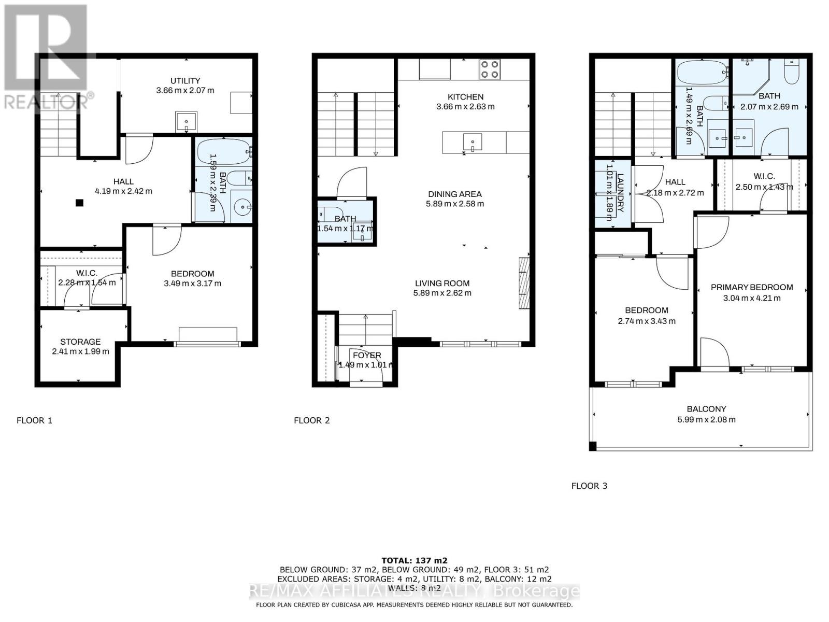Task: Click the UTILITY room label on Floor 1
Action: click(x=185, y=81)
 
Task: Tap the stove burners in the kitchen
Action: click(x=490, y=69)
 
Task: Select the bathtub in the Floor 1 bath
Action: click(x=223, y=152)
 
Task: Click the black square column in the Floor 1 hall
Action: click(x=79, y=203)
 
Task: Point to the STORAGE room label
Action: click(x=80, y=342)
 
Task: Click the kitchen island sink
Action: click(x=473, y=142)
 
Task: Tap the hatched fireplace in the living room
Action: click(x=524, y=282)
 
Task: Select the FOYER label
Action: click(x=367, y=355)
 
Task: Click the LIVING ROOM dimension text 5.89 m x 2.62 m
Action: click(x=442, y=293)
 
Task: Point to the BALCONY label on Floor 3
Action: click(x=706, y=409)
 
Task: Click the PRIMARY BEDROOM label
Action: click(x=751, y=287)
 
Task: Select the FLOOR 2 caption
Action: click(x=311, y=420)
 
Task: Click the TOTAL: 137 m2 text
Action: click(x=414, y=560)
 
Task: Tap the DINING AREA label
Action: click(x=454, y=194)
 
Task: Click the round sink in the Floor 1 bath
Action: click(x=241, y=207)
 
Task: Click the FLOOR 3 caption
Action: click(x=589, y=486)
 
